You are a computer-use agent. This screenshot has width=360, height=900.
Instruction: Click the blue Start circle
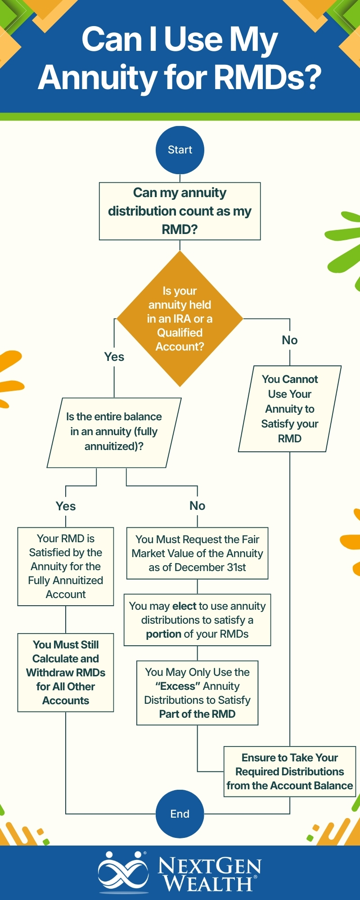[x=180, y=150]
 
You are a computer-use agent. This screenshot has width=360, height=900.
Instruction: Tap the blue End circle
[x=180, y=814]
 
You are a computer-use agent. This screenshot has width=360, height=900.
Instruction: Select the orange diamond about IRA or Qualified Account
[x=180, y=319]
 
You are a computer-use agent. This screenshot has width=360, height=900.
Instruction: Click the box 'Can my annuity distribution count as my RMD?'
[x=180, y=211]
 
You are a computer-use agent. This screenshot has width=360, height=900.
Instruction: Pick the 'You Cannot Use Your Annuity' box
[x=290, y=409]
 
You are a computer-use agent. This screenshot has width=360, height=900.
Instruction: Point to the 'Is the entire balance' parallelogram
[x=114, y=432]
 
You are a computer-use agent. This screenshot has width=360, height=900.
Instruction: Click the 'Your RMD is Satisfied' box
[x=66, y=566]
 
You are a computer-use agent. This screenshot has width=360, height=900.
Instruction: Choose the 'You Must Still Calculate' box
[x=66, y=672]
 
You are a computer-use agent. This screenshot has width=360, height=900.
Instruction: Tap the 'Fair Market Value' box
[x=198, y=553]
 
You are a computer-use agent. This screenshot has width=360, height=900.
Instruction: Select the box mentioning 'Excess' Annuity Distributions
[x=198, y=693]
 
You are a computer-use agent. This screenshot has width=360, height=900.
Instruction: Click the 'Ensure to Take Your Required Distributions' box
[x=290, y=771]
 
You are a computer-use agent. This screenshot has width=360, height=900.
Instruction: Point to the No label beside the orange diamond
[x=290, y=340]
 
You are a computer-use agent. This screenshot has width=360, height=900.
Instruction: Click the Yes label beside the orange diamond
[x=114, y=357]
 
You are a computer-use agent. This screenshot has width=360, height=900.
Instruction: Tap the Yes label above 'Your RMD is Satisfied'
[x=66, y=506]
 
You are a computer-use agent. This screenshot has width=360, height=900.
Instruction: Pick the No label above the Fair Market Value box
[x=198, y=506]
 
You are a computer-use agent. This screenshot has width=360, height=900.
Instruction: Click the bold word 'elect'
[x=184, y=606]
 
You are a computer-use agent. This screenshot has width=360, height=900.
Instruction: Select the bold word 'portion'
[x=163, y=634]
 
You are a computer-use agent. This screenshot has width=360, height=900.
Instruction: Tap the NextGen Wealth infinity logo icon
[x=123, y=872]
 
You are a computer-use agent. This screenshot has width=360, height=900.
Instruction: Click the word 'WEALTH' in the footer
[x=207, y=883]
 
